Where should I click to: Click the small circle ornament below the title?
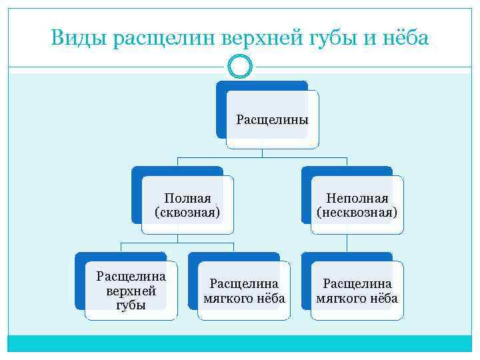coord(239,66)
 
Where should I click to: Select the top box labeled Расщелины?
coord(272,120)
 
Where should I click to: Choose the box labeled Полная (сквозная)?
coord(187,205)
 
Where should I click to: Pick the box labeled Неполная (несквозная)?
coord(357,205)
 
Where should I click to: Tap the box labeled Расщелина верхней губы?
coord(131,291)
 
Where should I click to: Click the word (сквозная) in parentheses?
coord(187,213)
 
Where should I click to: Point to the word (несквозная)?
coord(357,213)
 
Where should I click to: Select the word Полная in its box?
coord(187,198)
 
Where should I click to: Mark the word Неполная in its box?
coord(357,198)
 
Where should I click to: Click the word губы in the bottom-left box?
coord(131,305)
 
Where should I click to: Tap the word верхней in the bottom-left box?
coord(131,291)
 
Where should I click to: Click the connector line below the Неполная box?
coord(346,243)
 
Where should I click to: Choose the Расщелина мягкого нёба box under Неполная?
coord(357,291)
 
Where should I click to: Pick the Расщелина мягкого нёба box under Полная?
coord(244,291)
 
